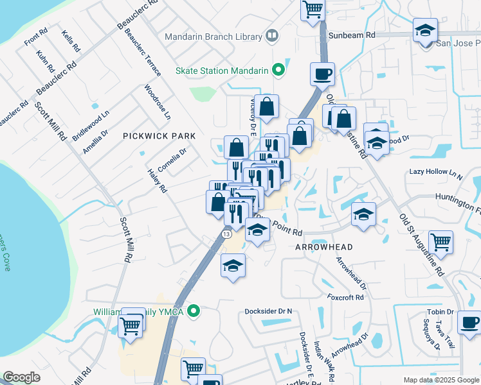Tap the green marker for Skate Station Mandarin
tap(278, 70)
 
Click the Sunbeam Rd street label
tap(351, 37)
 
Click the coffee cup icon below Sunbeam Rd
tap(322, 74)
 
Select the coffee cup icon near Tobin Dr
tap(469, 321)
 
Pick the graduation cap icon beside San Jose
tap(425, 31)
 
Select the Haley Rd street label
tap(157, 182)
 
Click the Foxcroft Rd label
tap(345, 297)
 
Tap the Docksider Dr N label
tap(268, 311)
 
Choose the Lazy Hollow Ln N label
tap(436, 173)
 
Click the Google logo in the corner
tap(21, 377)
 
